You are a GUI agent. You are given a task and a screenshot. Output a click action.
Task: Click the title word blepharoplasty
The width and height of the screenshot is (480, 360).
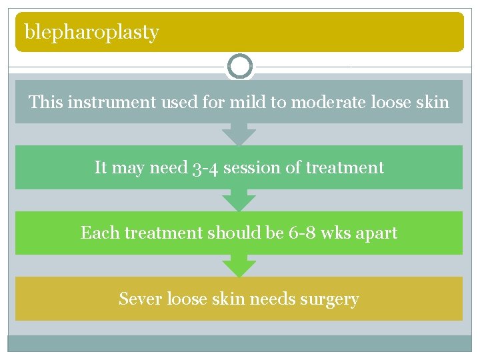91,32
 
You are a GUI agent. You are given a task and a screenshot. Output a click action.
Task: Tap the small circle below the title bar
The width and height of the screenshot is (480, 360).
239,67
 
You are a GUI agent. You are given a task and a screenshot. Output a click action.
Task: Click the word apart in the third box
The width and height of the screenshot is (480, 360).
379,233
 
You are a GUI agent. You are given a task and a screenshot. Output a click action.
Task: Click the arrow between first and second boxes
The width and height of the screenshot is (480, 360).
239,135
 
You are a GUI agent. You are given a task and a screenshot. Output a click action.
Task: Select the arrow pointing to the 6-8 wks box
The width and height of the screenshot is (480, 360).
239,200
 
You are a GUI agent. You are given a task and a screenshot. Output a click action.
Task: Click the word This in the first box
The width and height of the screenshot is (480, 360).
45,102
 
